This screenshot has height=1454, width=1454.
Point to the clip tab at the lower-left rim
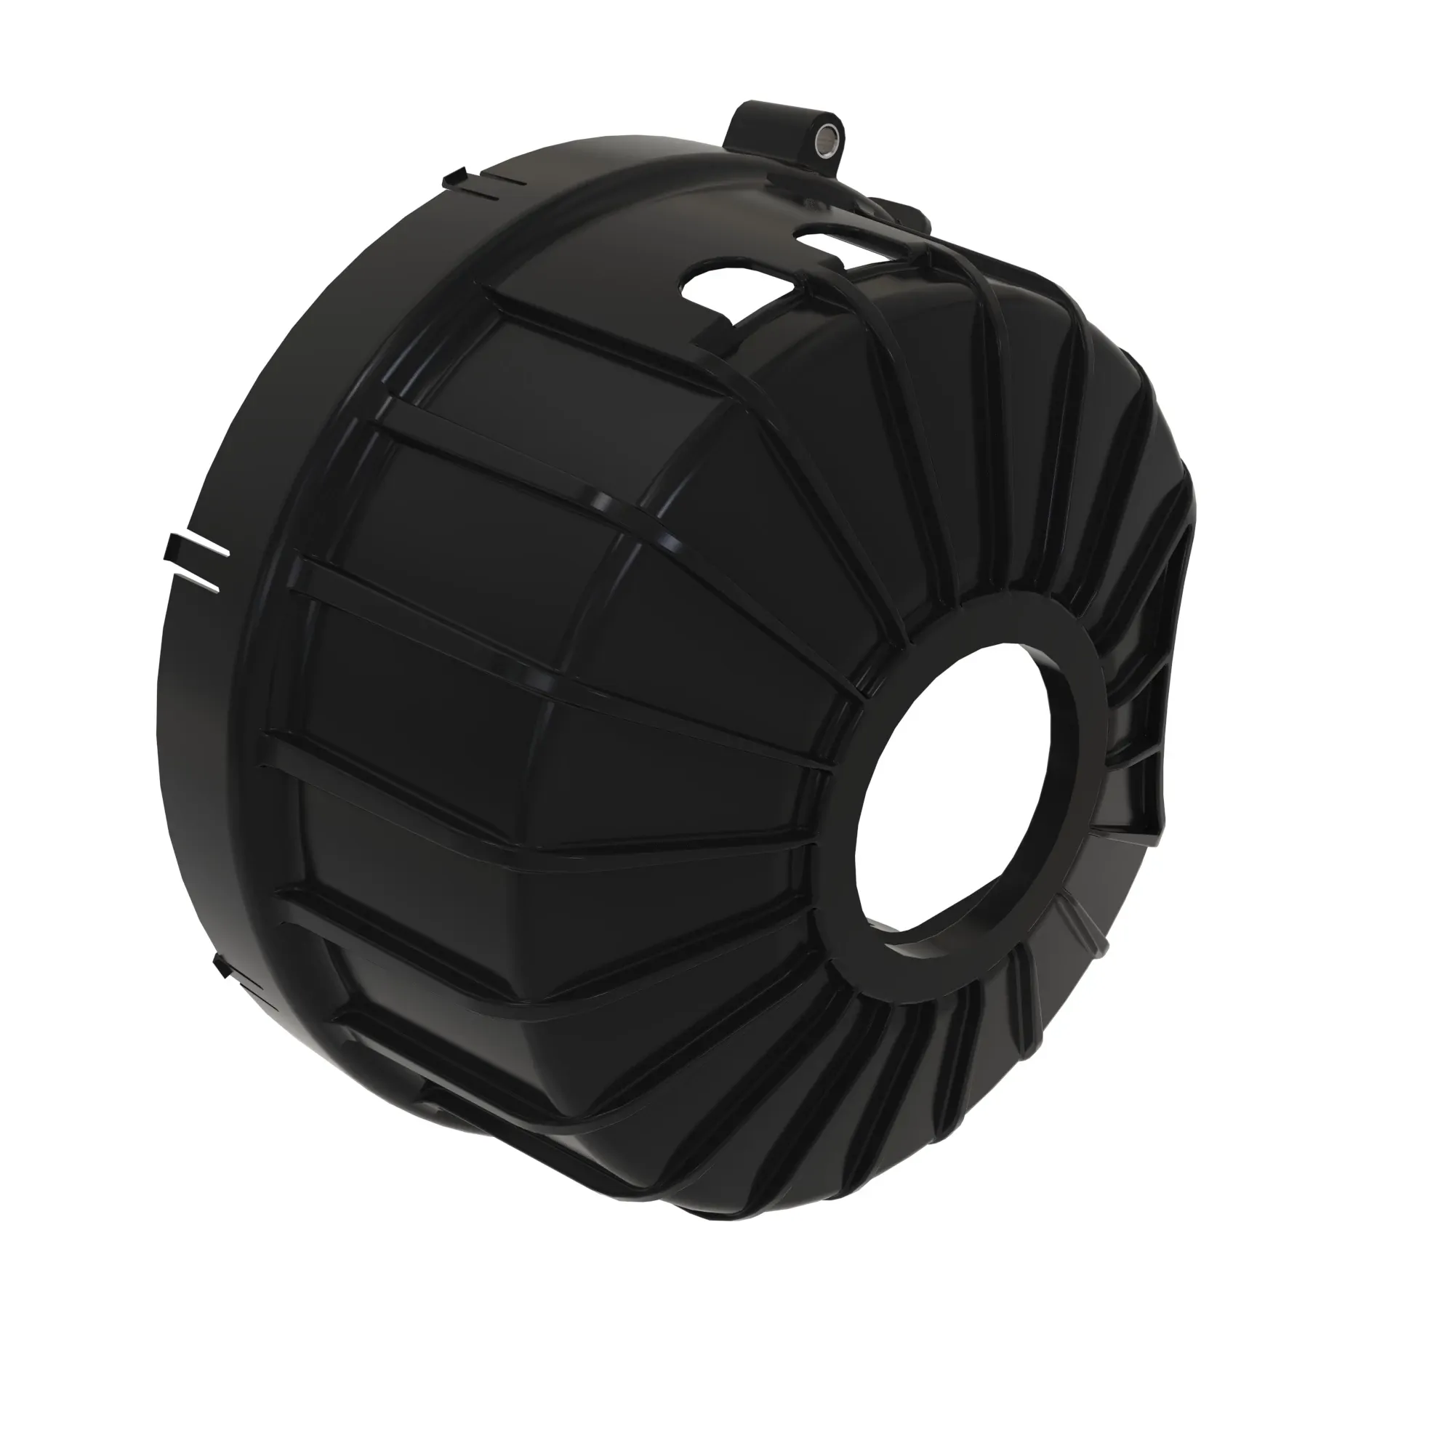click(224, 967)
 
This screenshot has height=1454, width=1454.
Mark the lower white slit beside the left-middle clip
click(201, 582)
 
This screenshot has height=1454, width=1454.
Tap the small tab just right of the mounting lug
click(903, 211)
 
